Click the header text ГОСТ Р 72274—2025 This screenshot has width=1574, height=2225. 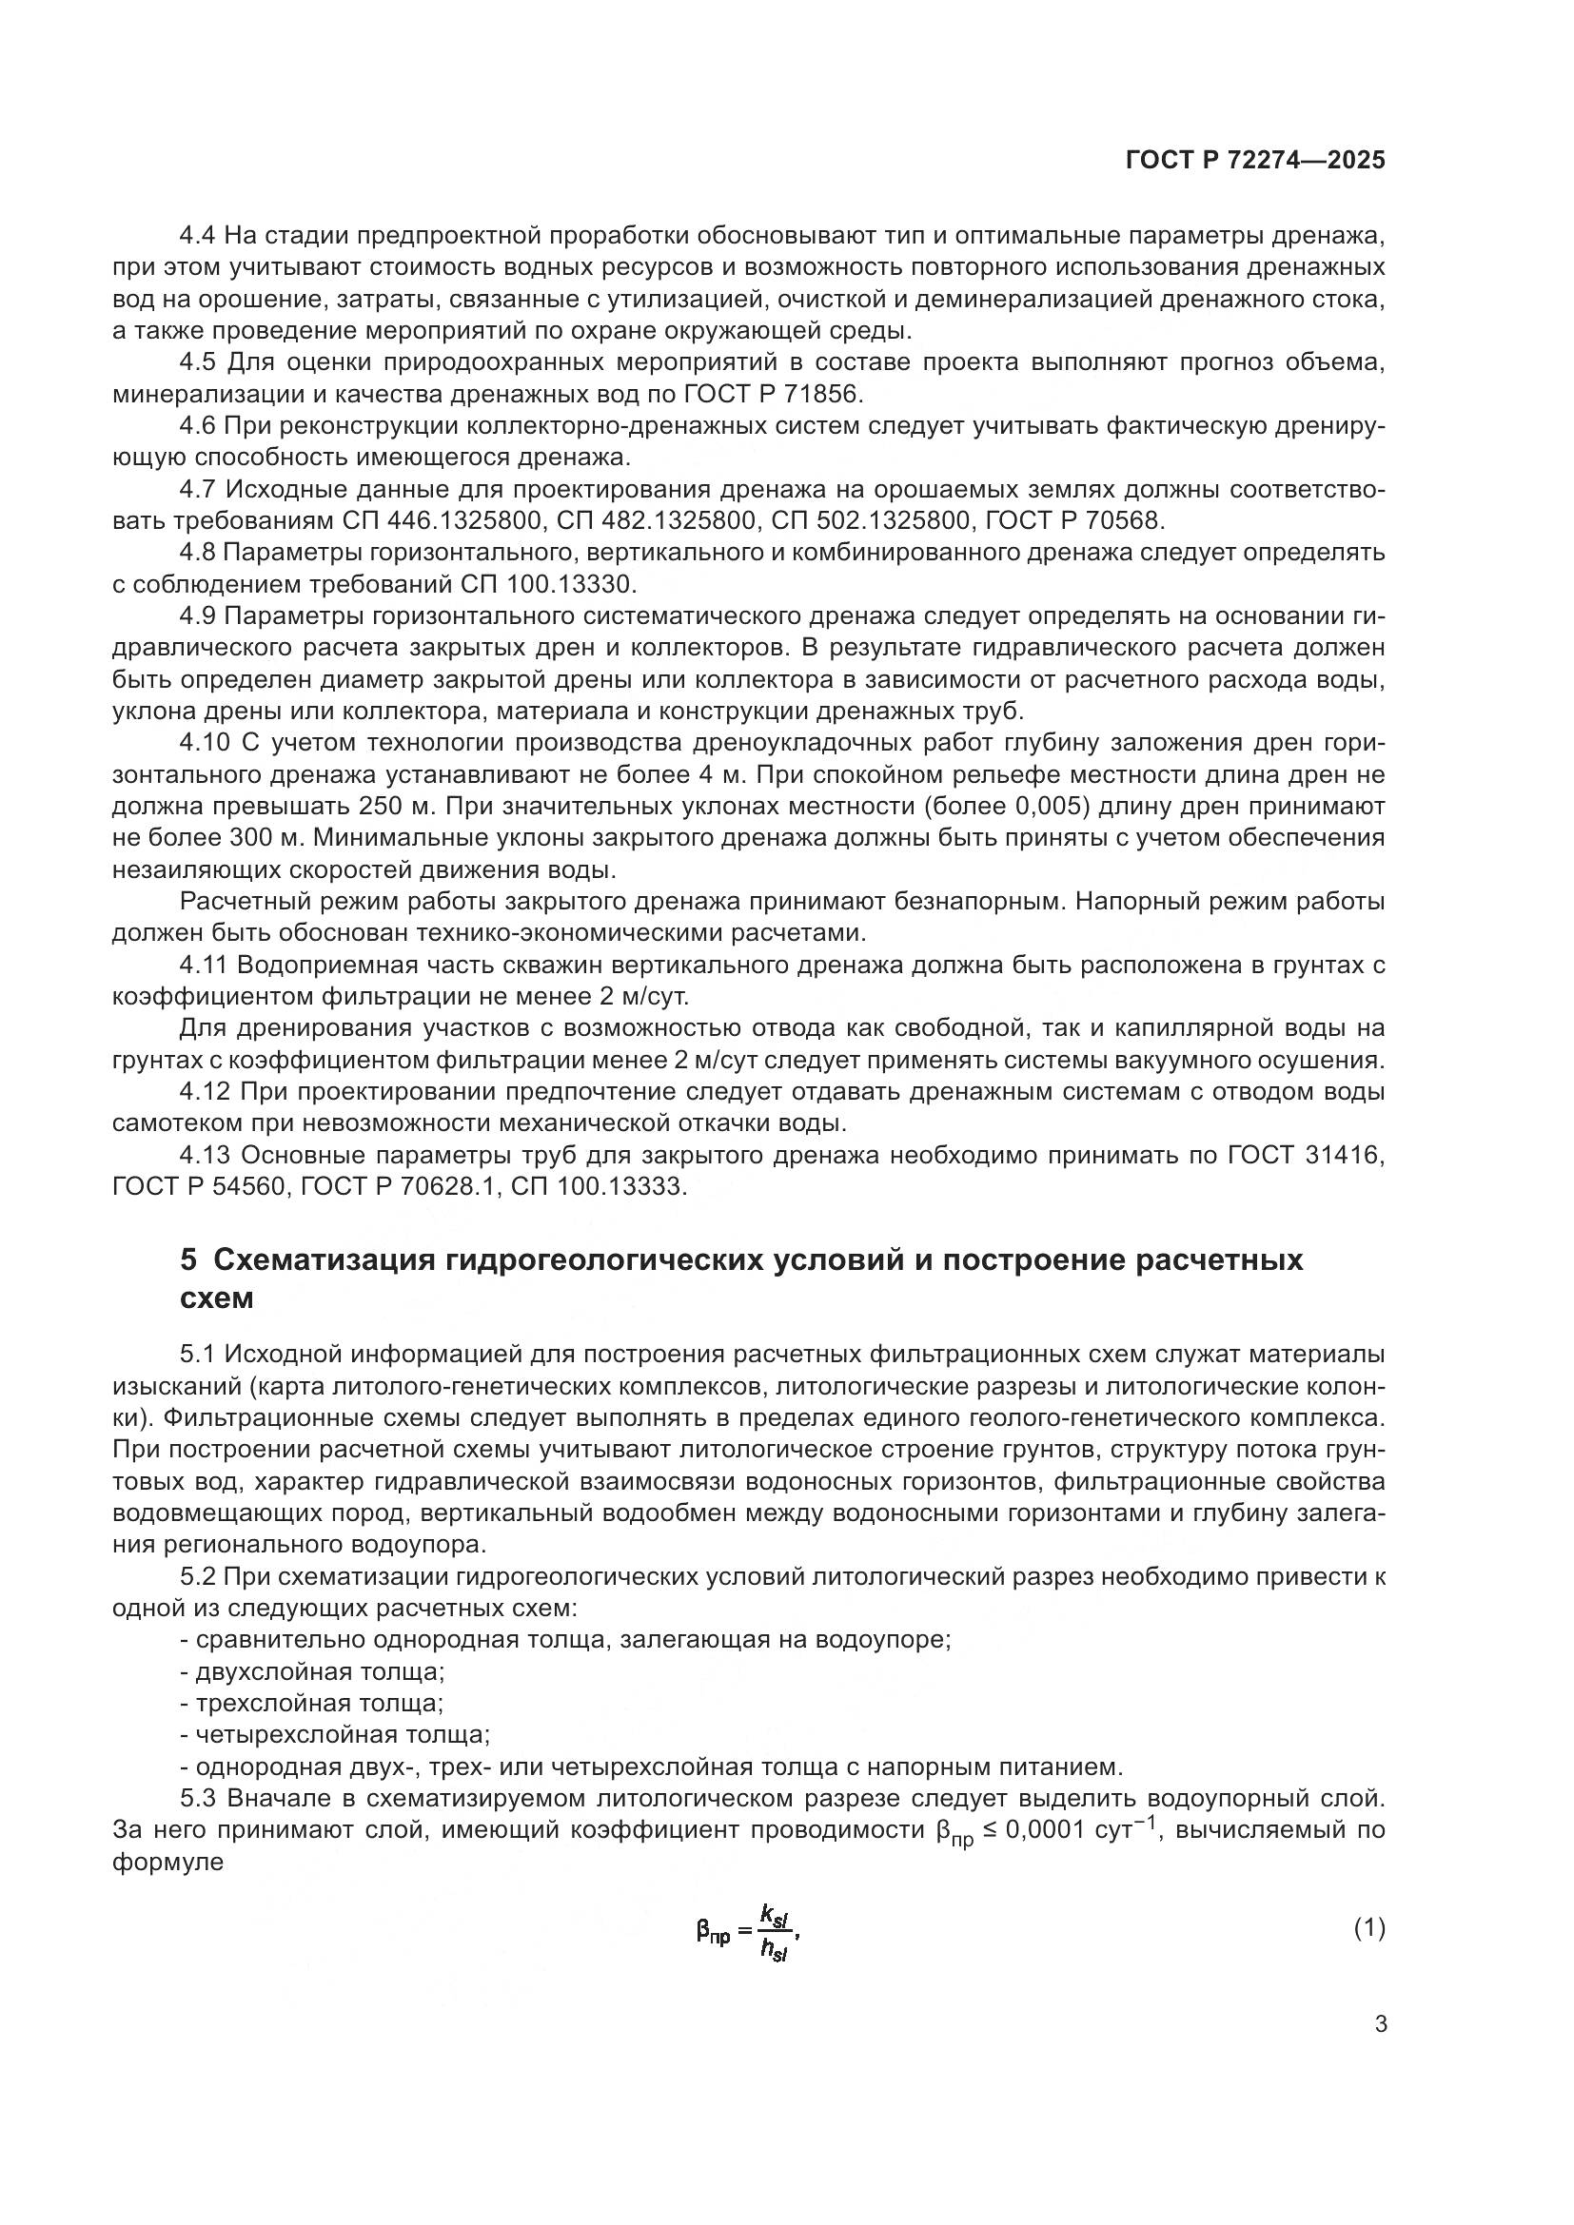(1255, 161)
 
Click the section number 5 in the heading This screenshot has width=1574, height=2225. (188, 1259)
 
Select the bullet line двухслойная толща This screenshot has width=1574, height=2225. (320, 1671)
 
